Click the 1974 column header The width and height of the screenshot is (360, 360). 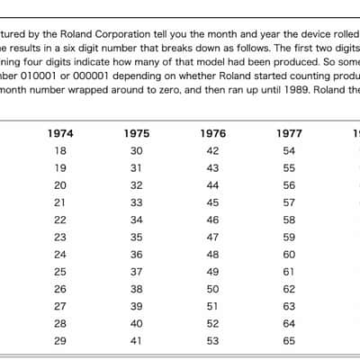click(60, 133)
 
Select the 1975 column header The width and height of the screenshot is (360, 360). click(137, 133)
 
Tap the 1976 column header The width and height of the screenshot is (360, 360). click(213, 133)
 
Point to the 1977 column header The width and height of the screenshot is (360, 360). click(289, 133)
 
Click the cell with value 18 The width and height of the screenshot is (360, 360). click(60, 150)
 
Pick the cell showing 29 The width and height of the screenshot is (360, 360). click(60, 341)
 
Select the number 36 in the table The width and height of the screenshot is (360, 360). click(137, 255)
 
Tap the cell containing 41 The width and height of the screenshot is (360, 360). click(137, 341)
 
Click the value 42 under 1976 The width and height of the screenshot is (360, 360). click(212, 150)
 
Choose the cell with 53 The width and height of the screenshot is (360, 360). click(212, 341)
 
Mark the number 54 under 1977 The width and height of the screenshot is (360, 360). click(289, 150)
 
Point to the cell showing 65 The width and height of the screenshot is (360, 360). click(289, 341)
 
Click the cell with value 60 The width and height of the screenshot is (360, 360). click(289, 255)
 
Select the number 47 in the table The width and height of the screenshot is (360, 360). click(212, 237)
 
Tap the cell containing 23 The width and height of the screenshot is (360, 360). click(60, 237)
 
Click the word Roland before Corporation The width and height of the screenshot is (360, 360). click(76, 34)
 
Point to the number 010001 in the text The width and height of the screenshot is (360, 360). click(39, 76)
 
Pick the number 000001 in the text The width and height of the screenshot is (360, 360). click(90, 76)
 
